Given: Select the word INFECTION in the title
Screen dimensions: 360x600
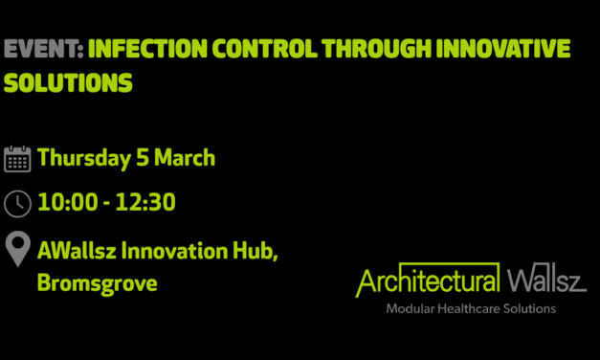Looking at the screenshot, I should click(x=147, y=50).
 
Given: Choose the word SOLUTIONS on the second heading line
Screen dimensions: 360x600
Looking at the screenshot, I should click(x=68, y=84).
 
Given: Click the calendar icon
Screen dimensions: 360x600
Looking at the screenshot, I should click(x=17, y=159).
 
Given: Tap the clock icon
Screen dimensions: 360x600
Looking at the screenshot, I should click(x=17, y=203).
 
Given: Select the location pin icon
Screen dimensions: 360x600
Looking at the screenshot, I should click(x=17, y=249).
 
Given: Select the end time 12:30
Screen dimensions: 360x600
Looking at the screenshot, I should click(x=144, y=203).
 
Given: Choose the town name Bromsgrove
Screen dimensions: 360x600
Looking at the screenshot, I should click(x=97, y=283).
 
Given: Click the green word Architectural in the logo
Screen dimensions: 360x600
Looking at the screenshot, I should click(x=428, y=282).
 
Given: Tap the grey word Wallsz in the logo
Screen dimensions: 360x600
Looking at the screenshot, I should click(x=546, y=282).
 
